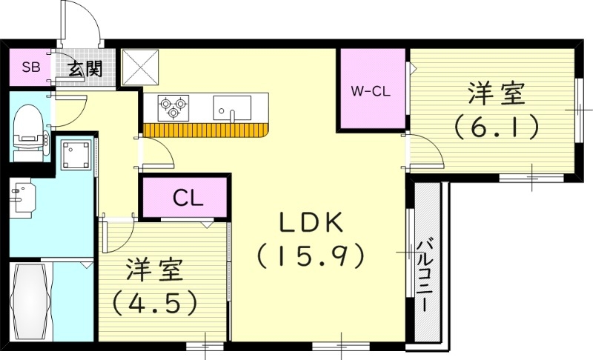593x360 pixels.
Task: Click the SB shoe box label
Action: pos(30,68)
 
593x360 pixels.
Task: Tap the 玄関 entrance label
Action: pos(86,70)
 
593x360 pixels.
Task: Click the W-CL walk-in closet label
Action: pos(371,92)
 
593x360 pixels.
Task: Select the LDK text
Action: pos(311,222)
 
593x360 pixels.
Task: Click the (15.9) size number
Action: pos(311,256)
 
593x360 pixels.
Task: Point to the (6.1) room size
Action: pos(495,127)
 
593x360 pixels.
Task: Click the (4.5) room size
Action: pos(154,302)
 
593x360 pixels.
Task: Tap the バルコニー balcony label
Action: pos(427,275)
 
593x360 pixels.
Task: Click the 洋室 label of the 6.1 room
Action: pos(495,95)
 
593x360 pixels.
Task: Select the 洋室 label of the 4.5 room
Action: pos(154,270)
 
